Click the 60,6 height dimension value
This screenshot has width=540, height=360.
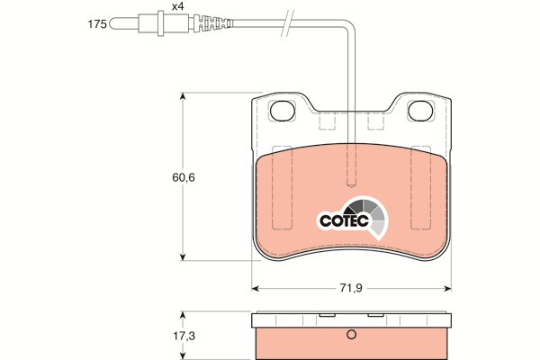tap(184, 177)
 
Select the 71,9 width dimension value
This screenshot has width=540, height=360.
tap(351, 288)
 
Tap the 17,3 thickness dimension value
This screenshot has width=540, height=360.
tap(184, 336)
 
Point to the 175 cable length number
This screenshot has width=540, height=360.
tap(97, 24)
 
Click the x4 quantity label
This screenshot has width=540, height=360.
tap(177, 6)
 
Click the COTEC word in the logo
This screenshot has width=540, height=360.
tap(344, 220)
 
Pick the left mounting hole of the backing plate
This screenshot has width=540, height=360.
tap(283, 111)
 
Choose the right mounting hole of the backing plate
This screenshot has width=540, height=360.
tap(420, 111)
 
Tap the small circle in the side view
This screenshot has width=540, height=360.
tap(351, 334)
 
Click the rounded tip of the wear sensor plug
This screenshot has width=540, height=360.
tap(112, 24)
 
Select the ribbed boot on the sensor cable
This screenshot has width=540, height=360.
tap(212, 23)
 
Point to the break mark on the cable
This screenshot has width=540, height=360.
tap(288, 23)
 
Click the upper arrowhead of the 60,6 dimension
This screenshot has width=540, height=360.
tap(183, 96)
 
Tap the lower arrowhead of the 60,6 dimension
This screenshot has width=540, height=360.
tap(183, 256)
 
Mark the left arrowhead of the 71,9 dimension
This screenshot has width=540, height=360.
tap(256, 288)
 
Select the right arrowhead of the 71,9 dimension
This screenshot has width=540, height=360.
tap(447, 288)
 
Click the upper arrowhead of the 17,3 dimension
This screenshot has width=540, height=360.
tap(183, 316)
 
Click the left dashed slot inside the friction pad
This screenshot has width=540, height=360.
tap(282, 188)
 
